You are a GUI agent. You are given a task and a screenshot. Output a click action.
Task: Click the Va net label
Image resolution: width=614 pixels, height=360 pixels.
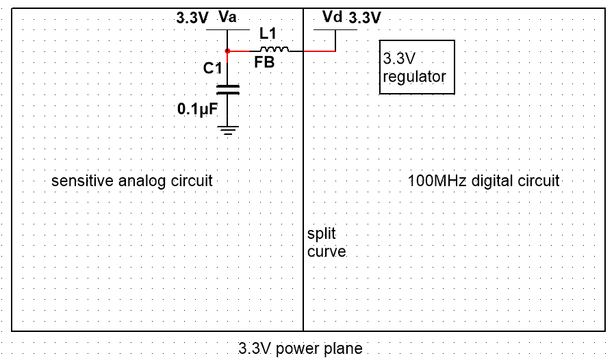click(x=228, y=16)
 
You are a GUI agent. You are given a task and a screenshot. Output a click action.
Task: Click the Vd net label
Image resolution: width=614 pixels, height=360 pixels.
click(x=332, y=16)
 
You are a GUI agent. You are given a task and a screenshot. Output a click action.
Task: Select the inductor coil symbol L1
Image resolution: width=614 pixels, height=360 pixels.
click(x=274, y=49)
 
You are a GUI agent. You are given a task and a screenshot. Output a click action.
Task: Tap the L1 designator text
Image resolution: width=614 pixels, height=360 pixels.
click(x=268, y=33)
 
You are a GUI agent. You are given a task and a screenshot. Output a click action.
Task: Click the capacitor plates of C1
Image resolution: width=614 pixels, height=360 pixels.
click(x=227, y=88)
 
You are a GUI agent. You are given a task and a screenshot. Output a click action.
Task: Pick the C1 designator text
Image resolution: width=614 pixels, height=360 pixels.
click(x=212, y=68)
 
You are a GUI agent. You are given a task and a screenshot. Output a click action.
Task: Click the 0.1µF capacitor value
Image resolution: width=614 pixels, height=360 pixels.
click(x=197, y=109)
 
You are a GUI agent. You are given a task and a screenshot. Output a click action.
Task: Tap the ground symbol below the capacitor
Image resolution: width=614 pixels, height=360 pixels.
click(x=227, y=130)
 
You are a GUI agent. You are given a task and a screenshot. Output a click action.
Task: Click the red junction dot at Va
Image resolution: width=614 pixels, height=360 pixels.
click(x=227, y=51)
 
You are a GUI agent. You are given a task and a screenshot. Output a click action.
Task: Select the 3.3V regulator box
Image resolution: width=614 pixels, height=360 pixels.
click(x=417, y=67)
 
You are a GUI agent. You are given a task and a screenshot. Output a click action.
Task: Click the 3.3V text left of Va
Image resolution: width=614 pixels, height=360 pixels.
click(x=192, y=18)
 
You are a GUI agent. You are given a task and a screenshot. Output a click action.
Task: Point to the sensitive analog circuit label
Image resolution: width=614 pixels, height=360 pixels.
click(x=132, y=181)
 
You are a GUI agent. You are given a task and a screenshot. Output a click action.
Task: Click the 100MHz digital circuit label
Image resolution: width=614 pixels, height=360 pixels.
click(x=483, y=181)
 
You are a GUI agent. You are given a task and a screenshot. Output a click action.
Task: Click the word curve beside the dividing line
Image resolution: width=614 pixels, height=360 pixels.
click(x=327, y=251)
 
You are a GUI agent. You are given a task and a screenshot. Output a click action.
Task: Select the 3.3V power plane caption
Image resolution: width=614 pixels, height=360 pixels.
click(x=300, y=348)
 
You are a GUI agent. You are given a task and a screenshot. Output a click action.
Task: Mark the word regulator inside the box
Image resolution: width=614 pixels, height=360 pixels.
click(x=414, y=77)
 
